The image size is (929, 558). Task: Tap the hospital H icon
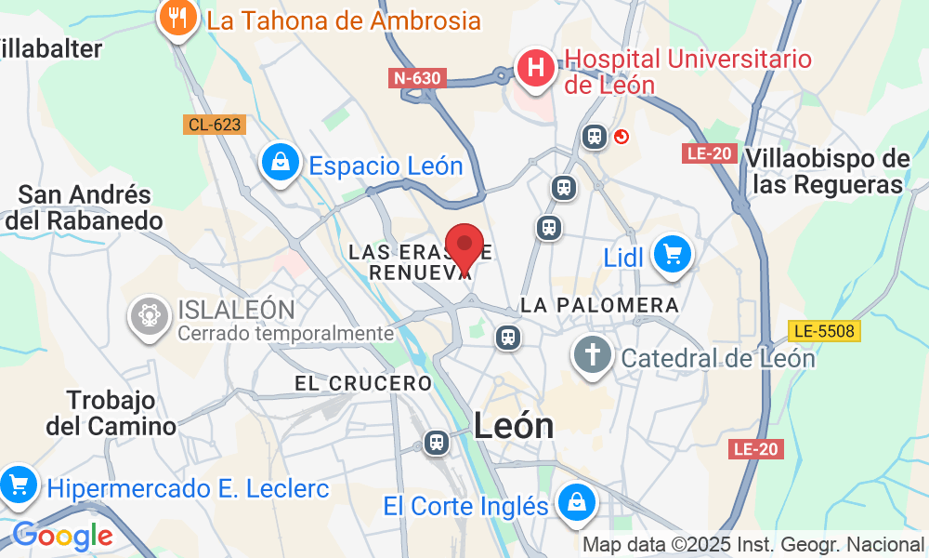(535, 68)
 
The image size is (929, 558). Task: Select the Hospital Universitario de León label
(688, 72)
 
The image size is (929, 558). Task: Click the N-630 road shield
(417, 78)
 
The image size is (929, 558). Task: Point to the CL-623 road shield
(214, 125)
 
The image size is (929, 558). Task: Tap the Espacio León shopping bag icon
(279, 162)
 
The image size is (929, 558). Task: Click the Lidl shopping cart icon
(672, 254)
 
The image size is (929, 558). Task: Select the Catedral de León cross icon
(591, 355)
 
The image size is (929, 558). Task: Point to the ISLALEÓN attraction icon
(149, 314)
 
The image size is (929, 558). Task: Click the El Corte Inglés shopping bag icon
(577, 502)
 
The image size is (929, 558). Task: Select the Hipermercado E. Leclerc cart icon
(17, 485)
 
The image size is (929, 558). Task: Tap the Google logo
(61, 536)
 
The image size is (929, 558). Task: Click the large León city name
(514, 426)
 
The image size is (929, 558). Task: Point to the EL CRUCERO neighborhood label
(363, 383)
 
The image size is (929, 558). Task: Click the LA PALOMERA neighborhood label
(599, 305)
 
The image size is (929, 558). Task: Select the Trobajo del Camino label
(111, 413)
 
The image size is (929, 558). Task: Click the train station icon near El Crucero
(436, 443)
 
